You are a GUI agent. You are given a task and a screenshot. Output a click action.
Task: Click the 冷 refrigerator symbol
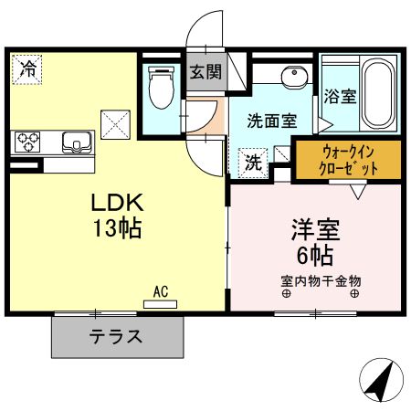[x=28, y=68]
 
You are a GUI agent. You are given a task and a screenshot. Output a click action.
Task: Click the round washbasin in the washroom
[x=293, y=77]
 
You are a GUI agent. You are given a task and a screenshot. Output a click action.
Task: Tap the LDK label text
[x=115, y=202]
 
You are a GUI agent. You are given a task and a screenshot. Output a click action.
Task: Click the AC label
[x=161, y=292]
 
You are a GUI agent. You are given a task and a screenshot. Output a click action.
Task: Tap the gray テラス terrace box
[x=116, y=335]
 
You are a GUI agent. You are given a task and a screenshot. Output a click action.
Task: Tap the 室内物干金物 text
[x=321, y=280]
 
